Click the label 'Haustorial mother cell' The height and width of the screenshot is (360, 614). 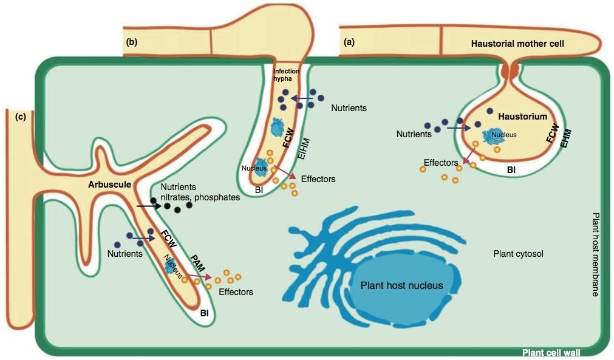[517, 44]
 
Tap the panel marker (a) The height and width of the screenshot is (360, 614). [349, 42]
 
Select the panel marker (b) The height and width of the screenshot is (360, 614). [132, 42]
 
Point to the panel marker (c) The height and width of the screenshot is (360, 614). [20, 117]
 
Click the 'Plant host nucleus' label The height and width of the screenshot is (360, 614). [401, 285]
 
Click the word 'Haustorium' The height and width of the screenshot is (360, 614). [522, 116]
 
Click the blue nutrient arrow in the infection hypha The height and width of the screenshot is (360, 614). [299, 98]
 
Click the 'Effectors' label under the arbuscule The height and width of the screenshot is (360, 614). [236, 292]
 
